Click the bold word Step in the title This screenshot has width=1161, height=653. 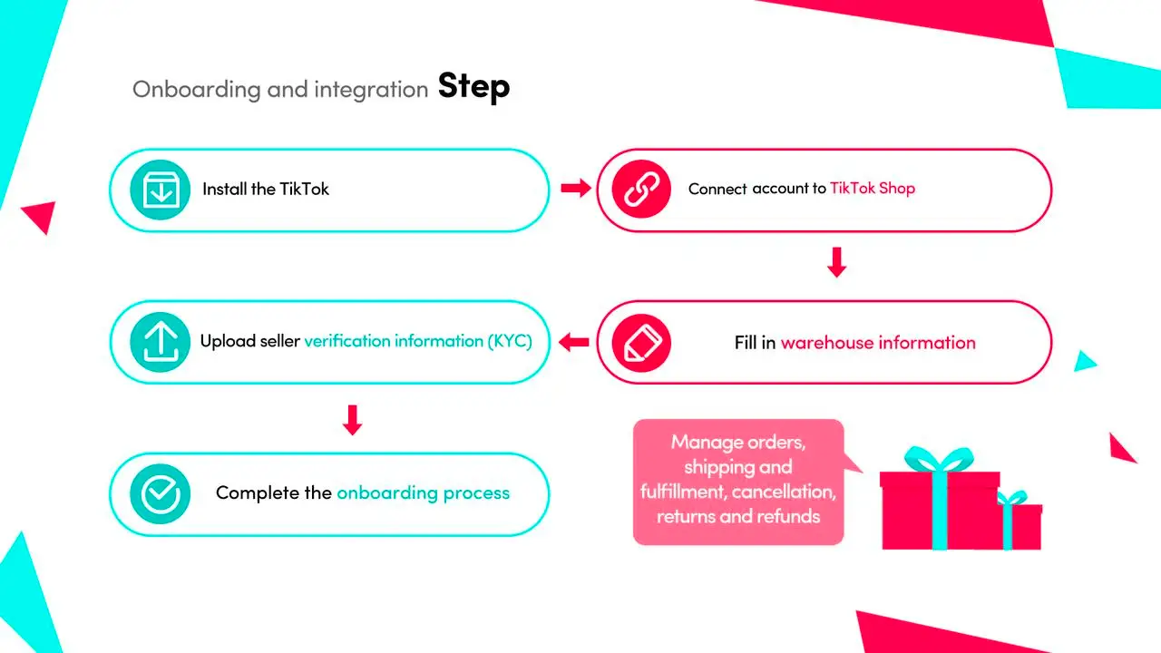[x=473, y=86]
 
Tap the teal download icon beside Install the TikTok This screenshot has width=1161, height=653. [x=161, y=190]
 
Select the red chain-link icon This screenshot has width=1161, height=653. [x=641, y=189]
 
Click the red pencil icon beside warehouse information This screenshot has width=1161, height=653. [x=641, y=343]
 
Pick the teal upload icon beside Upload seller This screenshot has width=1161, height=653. [x=161, y=342]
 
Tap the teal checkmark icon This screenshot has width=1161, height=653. [x=161, y=493]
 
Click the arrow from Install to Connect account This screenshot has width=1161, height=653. [x=576, y=188]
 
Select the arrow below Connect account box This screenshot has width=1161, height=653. [x=836, y=262]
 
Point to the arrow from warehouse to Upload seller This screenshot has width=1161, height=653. [x=574, y=342]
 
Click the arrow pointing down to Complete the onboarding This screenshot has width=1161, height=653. [x=353, y=420]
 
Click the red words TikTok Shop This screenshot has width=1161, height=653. [x=873, y=188]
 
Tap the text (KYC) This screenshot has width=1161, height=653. [x=510, y=341]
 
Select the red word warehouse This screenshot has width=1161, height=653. [x=827, y=343]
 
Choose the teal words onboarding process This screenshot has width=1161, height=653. [x=423, y=492]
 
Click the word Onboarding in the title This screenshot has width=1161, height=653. [x=197, y=90]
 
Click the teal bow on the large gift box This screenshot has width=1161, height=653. [x=939, y=459]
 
